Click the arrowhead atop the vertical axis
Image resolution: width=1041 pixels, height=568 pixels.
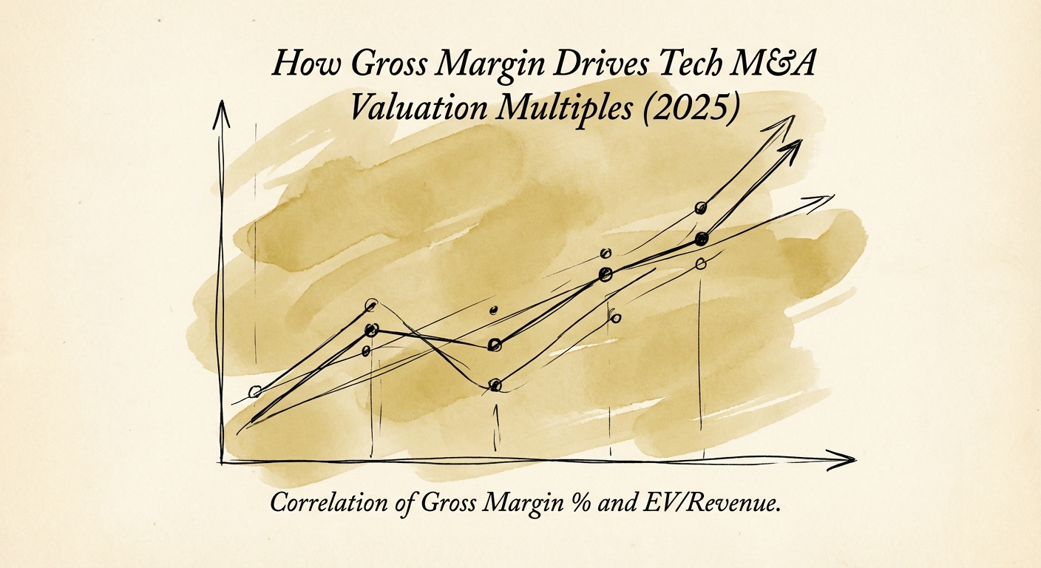(221, 111)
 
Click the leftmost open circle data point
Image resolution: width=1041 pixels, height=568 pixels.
(255, 392)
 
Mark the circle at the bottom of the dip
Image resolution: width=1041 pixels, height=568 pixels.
(495, 385)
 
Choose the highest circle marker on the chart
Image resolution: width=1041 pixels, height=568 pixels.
(700, 208)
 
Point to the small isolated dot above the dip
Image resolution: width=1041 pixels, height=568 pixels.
(495, 310)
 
